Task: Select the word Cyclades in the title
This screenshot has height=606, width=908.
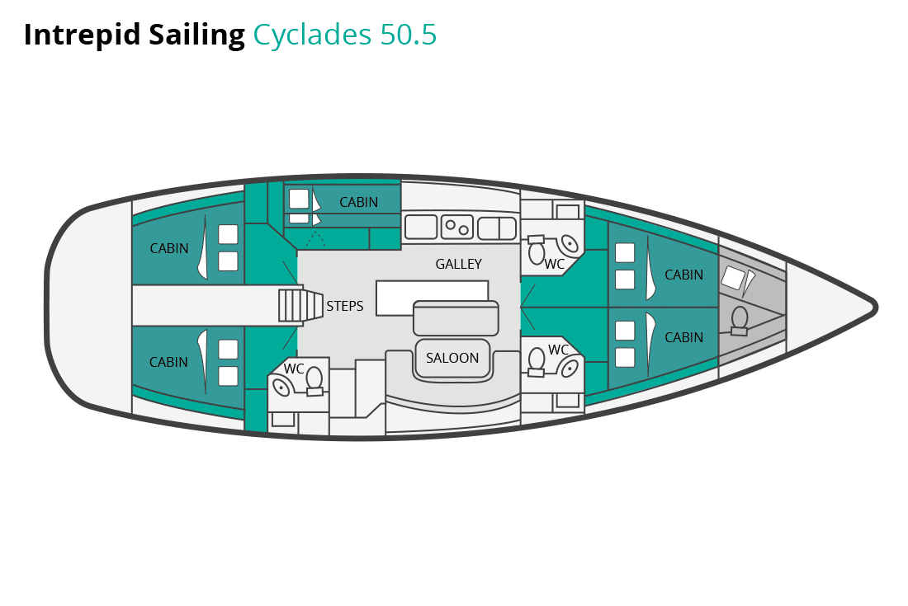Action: [x=311, y=35]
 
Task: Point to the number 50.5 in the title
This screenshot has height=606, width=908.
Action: [x=408, y=35]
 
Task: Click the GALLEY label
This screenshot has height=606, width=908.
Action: [x=458, y=264]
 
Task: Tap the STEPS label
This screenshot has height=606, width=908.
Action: [x=345, y=306]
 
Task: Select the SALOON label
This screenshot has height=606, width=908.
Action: [x=452, y=358]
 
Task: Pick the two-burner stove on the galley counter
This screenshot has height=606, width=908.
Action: [x=456, y=226]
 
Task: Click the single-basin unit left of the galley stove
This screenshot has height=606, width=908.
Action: [x=420, y=227]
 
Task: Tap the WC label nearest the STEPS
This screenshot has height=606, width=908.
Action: [x=295, y=368]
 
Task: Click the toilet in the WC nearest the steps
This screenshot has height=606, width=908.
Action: [x=314, y=379]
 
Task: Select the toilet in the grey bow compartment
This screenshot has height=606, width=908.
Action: [x=740, y=319]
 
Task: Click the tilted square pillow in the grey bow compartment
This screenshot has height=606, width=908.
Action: [x=733, y=277]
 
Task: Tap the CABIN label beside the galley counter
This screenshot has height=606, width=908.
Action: [x=358, y=202]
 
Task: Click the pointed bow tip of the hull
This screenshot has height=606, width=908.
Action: [x=874, y=308]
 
